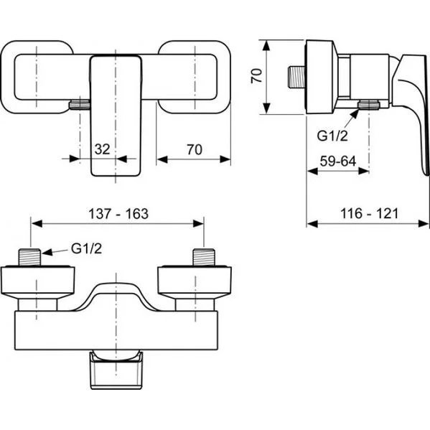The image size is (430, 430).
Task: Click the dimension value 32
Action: pos(102,149)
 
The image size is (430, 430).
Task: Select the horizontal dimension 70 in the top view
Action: pos(195,150)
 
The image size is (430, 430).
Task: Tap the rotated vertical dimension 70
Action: pos(257,76)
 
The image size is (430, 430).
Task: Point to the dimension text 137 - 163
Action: pos(118,214)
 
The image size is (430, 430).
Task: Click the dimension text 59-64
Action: pos(338,162)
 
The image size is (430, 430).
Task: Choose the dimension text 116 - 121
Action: pos(369,213)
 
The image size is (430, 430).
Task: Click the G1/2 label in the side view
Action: pos(332,136)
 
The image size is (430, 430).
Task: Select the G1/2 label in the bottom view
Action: pos(86,248)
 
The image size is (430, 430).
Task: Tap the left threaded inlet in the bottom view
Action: pos(29,257)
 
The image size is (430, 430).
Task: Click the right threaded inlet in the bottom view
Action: pos(204,257)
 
